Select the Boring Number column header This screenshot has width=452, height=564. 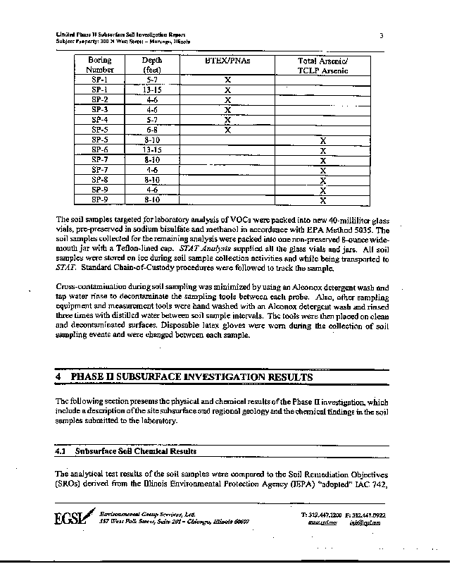point(100,65)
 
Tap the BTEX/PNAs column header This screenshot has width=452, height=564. point(227,61)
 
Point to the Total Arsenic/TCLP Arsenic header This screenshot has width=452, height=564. point(323,65)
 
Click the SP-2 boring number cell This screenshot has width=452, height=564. point(100,100)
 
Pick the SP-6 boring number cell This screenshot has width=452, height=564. point(100,150)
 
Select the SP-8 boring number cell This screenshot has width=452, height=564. point(100,180)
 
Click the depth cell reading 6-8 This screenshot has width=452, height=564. point(151,130)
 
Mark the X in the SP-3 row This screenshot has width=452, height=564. point(227,110)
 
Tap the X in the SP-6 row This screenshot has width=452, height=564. point(323,150)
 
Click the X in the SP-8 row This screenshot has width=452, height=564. point(323,180)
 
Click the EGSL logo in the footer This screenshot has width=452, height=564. point(73,518)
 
